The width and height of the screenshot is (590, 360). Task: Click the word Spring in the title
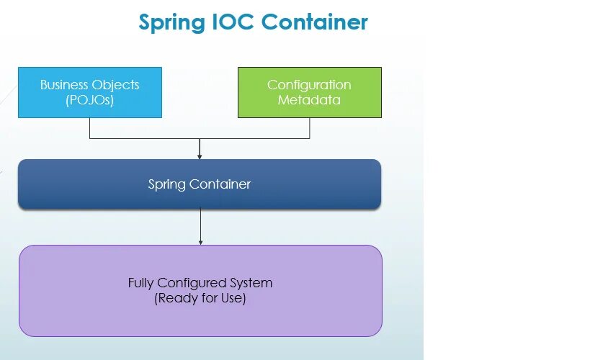click(171, 22)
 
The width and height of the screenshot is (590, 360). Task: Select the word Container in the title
click(314, 22)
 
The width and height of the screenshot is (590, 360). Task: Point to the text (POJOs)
click(89, 100)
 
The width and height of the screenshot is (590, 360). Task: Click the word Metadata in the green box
click(309, 100)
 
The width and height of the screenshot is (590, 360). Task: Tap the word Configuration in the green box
click(309, 84)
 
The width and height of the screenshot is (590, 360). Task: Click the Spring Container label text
click(199, 184)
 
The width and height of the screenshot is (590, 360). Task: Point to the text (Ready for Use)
click(200, 298)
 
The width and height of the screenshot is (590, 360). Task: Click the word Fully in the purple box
click(141, 283)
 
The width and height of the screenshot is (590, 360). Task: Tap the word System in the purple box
click(248, 283)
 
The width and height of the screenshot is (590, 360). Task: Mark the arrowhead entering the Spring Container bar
click(200, 156)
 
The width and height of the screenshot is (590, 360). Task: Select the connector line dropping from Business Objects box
click(90, 128)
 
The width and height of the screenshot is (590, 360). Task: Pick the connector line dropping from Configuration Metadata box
click(310, 128)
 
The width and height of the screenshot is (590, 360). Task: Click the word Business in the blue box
click(63, 84)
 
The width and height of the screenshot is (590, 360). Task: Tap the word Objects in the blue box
click(115, 84)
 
